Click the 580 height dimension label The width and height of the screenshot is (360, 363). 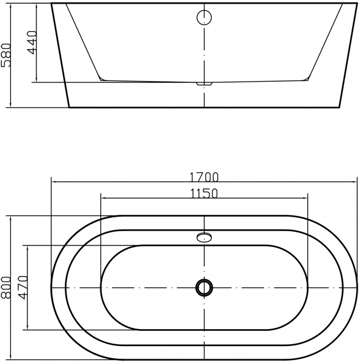(6, 55)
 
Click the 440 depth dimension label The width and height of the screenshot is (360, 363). (31, 42)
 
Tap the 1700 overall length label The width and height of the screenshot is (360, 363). (204, 177)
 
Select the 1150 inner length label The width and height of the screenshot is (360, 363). (204, 194)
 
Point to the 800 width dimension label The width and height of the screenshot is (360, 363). (6, 288)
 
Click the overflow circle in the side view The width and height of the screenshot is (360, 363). (204, 18)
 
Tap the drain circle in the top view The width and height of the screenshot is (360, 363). (204, 287)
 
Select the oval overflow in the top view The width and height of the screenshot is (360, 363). (204, 237)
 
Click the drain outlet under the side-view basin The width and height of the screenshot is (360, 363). (204, 83)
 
